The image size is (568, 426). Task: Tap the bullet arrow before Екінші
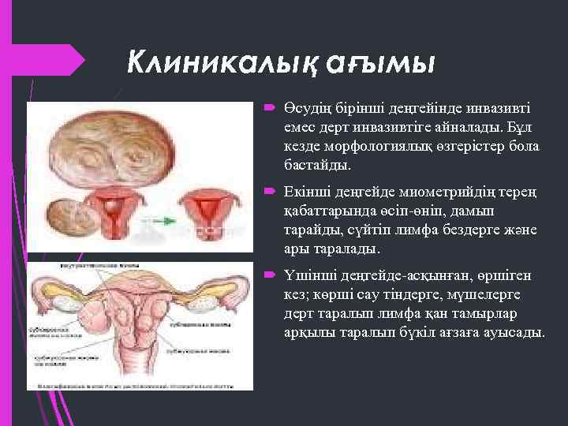point(268,191)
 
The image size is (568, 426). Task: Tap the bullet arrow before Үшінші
point(268,275)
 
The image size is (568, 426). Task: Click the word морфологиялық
point(372,148)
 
